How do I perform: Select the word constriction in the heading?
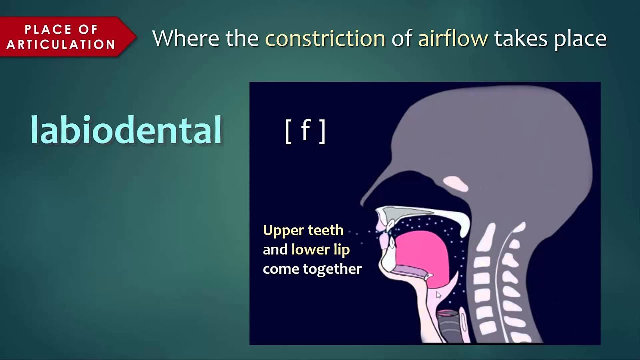[325, 38]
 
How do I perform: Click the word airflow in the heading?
[453, 38]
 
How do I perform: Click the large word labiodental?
[126, 130]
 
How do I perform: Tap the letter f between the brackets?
[305, 131]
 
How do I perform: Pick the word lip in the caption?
[342, 250]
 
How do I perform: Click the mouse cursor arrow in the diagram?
[438, 295]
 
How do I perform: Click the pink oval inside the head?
[456, 183]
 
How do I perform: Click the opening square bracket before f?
[288, 132]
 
